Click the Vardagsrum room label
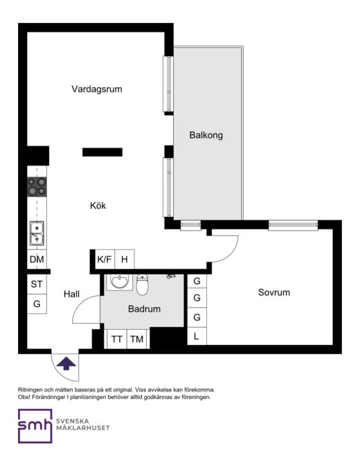point(97,89)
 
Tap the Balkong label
point(206,135)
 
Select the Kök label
point(98,206)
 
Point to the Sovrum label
point(273,292)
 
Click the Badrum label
point(144,309)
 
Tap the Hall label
point(71,294)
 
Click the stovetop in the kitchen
point(37,187)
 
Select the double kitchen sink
point(37,233)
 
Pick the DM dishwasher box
point(37,259)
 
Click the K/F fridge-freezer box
point(105,259)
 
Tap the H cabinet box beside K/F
point(125,259)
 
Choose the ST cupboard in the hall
point(37,284)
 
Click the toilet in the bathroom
point(142,285)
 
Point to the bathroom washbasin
point(120,282)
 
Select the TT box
point(116,339)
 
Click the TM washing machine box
point(137,339)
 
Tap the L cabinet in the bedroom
point(197,336)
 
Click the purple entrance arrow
point(66,364)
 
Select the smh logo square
point(35,426)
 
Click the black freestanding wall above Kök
point(102,152)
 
